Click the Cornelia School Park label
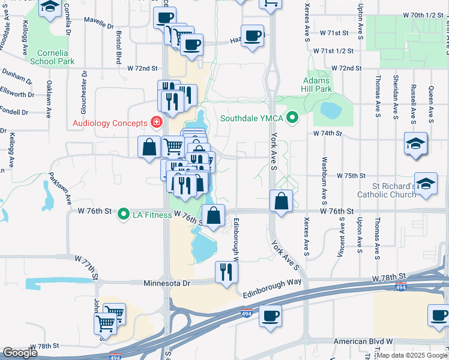tap(52, 57)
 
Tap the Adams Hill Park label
tap(318, 85)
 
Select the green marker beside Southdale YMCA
tap(292, 118)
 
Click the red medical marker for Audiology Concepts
tap(156, 123)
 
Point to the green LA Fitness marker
tap(124, 214)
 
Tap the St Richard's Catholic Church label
tap(386, 190)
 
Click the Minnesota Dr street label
tap(167, 283)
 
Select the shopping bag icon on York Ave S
tap(281, 201)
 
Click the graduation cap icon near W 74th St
tap(415, 145)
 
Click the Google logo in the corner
tap(20, 353)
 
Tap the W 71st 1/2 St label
tap(336, 50)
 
